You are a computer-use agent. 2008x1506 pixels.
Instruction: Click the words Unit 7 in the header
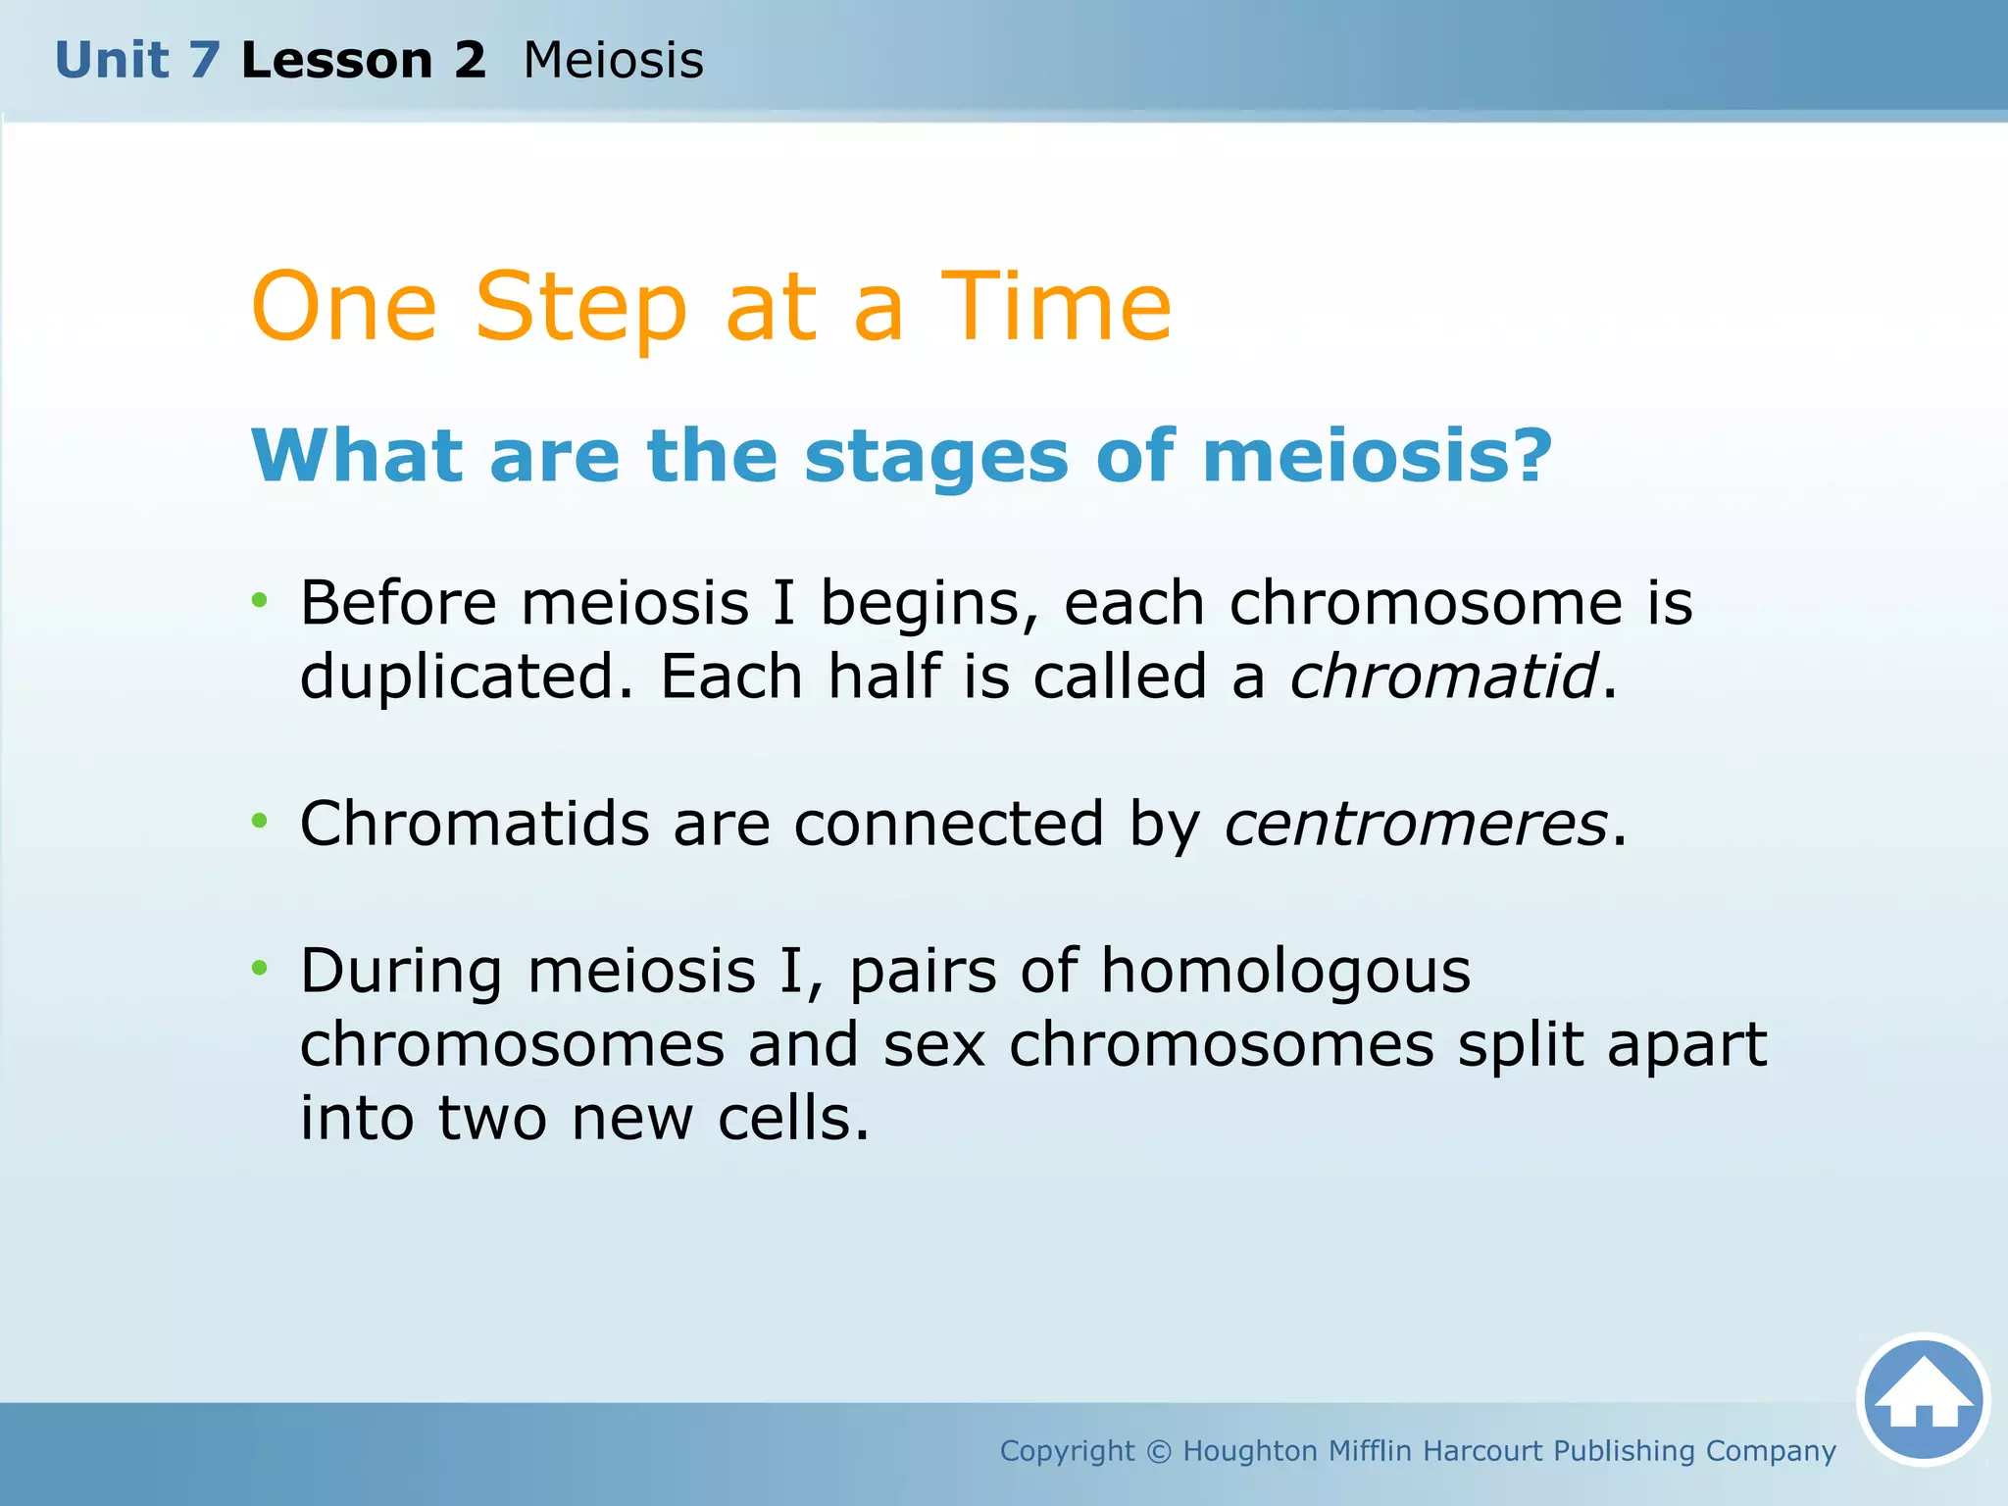coord(137,61)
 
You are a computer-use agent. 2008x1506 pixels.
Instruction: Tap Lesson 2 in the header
coord(363,61)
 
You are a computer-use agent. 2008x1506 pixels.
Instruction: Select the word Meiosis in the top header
coord(613,61)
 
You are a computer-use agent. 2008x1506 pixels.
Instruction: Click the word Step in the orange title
coord(580,308)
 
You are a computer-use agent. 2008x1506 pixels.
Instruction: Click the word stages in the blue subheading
coord(935,457)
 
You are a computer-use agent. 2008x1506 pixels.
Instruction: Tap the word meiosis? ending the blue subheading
coord(1377,457)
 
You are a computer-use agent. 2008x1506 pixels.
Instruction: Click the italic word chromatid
coord(1443,677)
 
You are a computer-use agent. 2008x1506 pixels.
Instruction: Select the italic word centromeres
coord(1415,824)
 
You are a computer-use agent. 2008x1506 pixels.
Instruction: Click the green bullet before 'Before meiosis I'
coord(259,600)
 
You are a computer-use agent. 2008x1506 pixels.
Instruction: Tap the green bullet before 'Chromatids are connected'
coord(259,821)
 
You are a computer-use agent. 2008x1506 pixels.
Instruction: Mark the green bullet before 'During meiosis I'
coord(259,969)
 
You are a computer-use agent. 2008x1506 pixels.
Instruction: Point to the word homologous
coord(1285,971)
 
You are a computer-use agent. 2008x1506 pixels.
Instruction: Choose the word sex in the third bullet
coord(933,1045)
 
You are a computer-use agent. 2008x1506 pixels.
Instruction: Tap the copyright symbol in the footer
coord(1159,1451)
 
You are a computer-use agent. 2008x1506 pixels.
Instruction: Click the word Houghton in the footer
coord(1250,1451)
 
